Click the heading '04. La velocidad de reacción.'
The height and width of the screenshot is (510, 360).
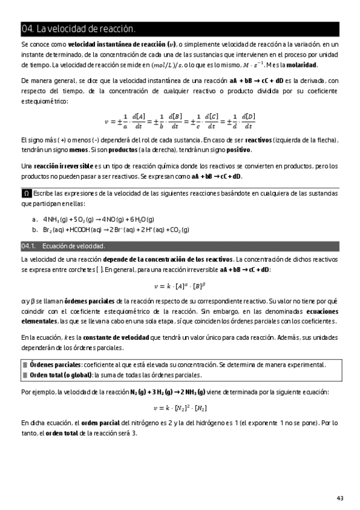[x=78, y=29]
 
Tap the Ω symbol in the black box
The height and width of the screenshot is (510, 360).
[x=26, y=194]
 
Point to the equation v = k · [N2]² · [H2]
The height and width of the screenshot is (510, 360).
[x=179, y=407]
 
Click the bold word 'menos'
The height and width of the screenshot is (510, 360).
[x=78, y=149]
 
